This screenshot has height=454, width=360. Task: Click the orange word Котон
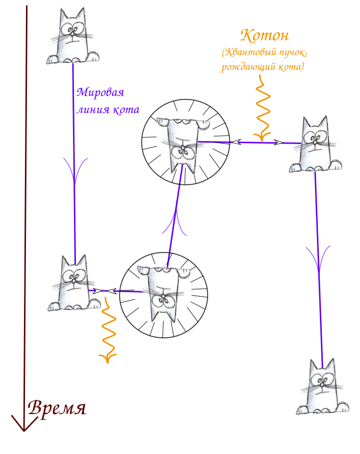pyautogui.click(x=265, y=35)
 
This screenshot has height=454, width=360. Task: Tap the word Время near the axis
pyautogui.click(x=57, y=408)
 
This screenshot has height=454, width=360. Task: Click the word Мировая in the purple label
pyautogui.click(x=101, y=92)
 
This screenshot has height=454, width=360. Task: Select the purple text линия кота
pyautogui.click(x=108, y=109)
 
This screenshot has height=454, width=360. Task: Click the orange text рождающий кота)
pyautogui.click(x=263, y=67)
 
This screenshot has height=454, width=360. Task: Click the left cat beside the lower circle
pyautogui.click(x=72, y=284)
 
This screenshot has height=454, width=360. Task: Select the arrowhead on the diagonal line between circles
pyautogui.click(x=175, y=221)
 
